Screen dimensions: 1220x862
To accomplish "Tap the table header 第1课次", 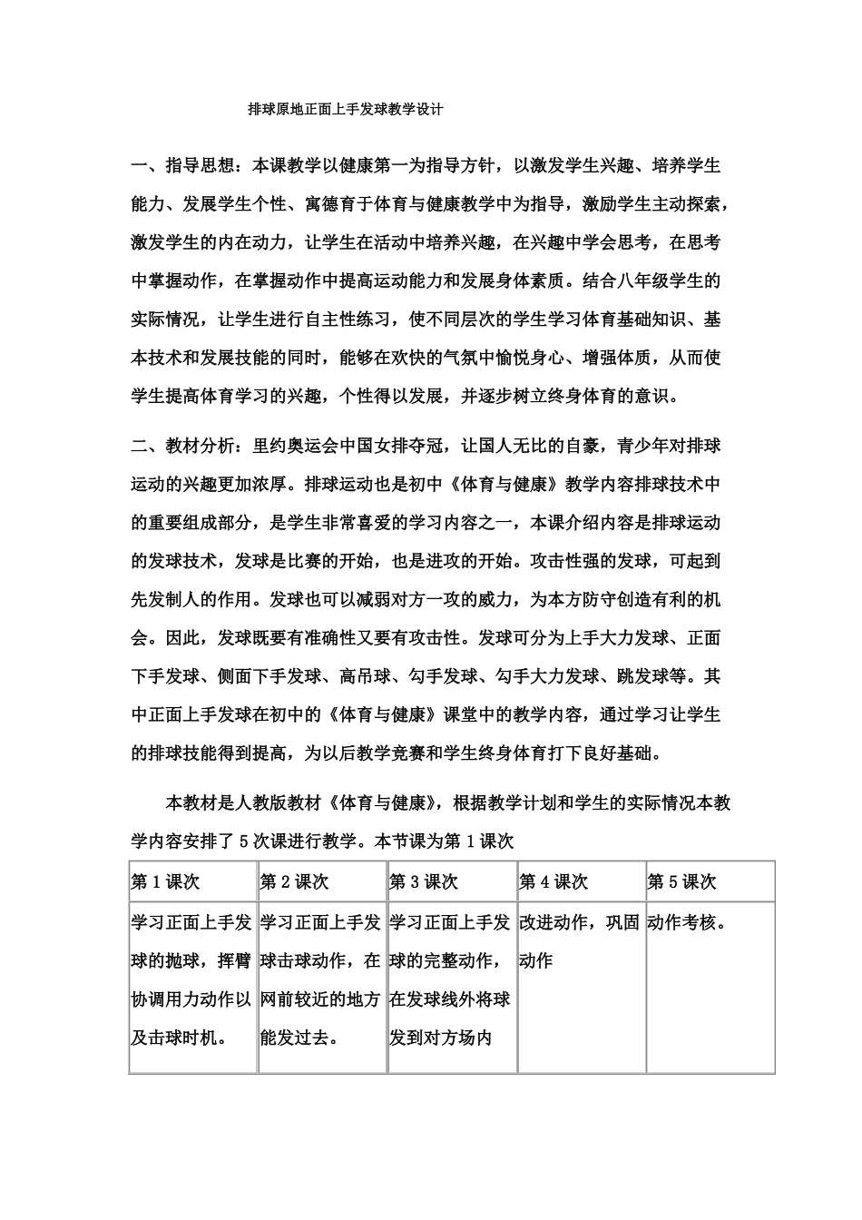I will [x=166, y=881].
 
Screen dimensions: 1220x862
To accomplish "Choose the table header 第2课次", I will [x=295, y=881].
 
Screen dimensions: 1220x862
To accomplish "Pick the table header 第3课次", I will [x=424, y=881].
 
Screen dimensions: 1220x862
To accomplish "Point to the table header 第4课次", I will [x=553, y=881].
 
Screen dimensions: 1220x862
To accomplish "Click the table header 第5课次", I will [x=682, y=881].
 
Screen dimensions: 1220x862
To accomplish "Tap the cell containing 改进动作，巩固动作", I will [x=580, y=941].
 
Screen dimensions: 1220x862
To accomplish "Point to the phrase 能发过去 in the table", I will [x=299, y=1037].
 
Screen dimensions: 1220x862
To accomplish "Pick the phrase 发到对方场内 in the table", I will [x=440, y=1037].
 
